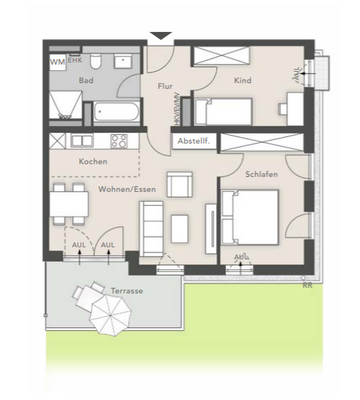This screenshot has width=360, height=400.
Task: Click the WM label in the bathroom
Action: click(55, 62)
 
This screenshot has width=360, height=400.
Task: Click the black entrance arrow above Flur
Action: click(160, 37)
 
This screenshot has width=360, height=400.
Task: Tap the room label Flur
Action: click(165, 86)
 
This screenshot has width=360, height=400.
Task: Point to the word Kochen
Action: click(93, 161)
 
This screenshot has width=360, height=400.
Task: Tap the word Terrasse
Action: click(127, 290)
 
